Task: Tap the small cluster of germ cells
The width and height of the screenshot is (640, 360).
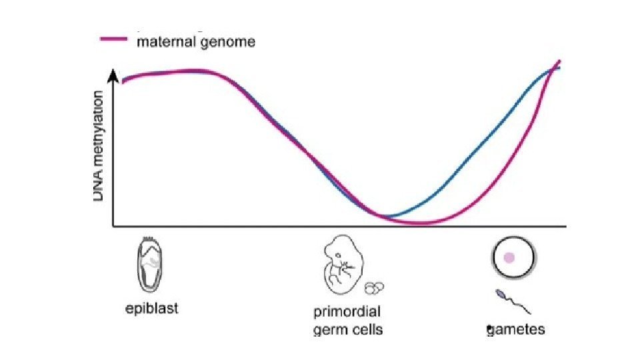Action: coord(375,287)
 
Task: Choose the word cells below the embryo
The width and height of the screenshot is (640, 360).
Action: coord(367,329)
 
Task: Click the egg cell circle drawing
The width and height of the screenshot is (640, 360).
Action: coord(514,257)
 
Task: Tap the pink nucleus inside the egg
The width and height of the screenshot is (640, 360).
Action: coord(509,257)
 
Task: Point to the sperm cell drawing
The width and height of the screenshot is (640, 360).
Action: coord(513,301)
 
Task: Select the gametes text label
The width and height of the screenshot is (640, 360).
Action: coord(516,329)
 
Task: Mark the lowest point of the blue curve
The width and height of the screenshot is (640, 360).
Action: coord(390,216)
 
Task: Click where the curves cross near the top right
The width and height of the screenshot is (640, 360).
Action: coord(551,69)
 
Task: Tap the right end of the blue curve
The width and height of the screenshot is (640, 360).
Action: coord(559,67)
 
